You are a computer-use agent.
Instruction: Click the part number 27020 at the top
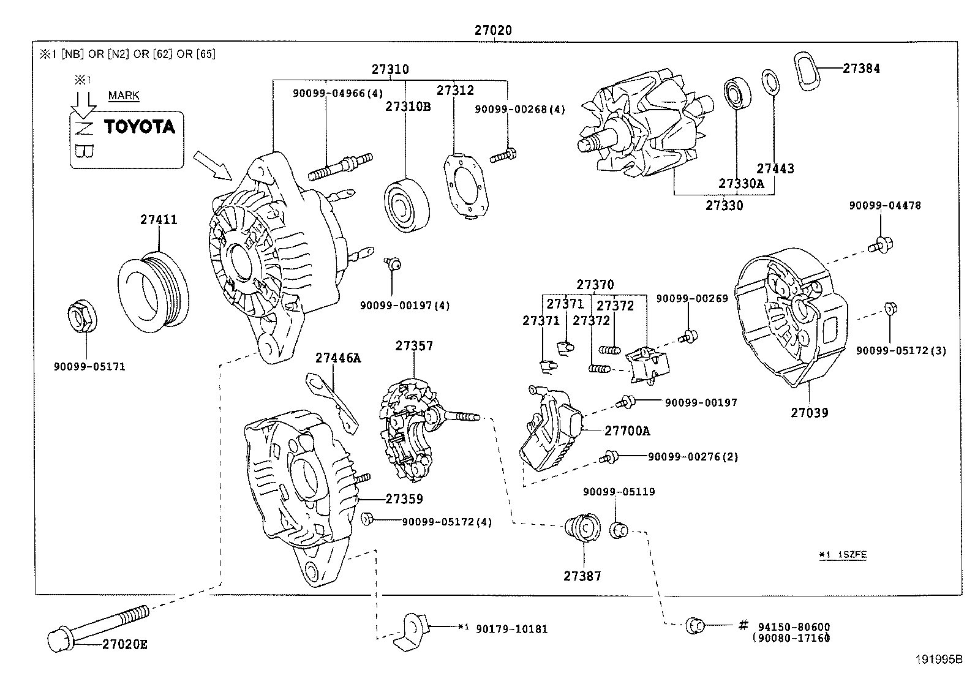[492, 30]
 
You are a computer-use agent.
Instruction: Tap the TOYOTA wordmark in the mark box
[139, 127]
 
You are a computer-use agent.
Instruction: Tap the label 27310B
[408, 107]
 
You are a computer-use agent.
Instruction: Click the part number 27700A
[627, 431]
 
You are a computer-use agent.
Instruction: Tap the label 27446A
[338, 358]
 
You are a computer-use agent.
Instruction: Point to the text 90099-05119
[619, 492]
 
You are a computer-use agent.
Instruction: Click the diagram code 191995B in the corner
[939, 660]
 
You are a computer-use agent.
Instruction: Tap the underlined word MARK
[124, 96]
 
